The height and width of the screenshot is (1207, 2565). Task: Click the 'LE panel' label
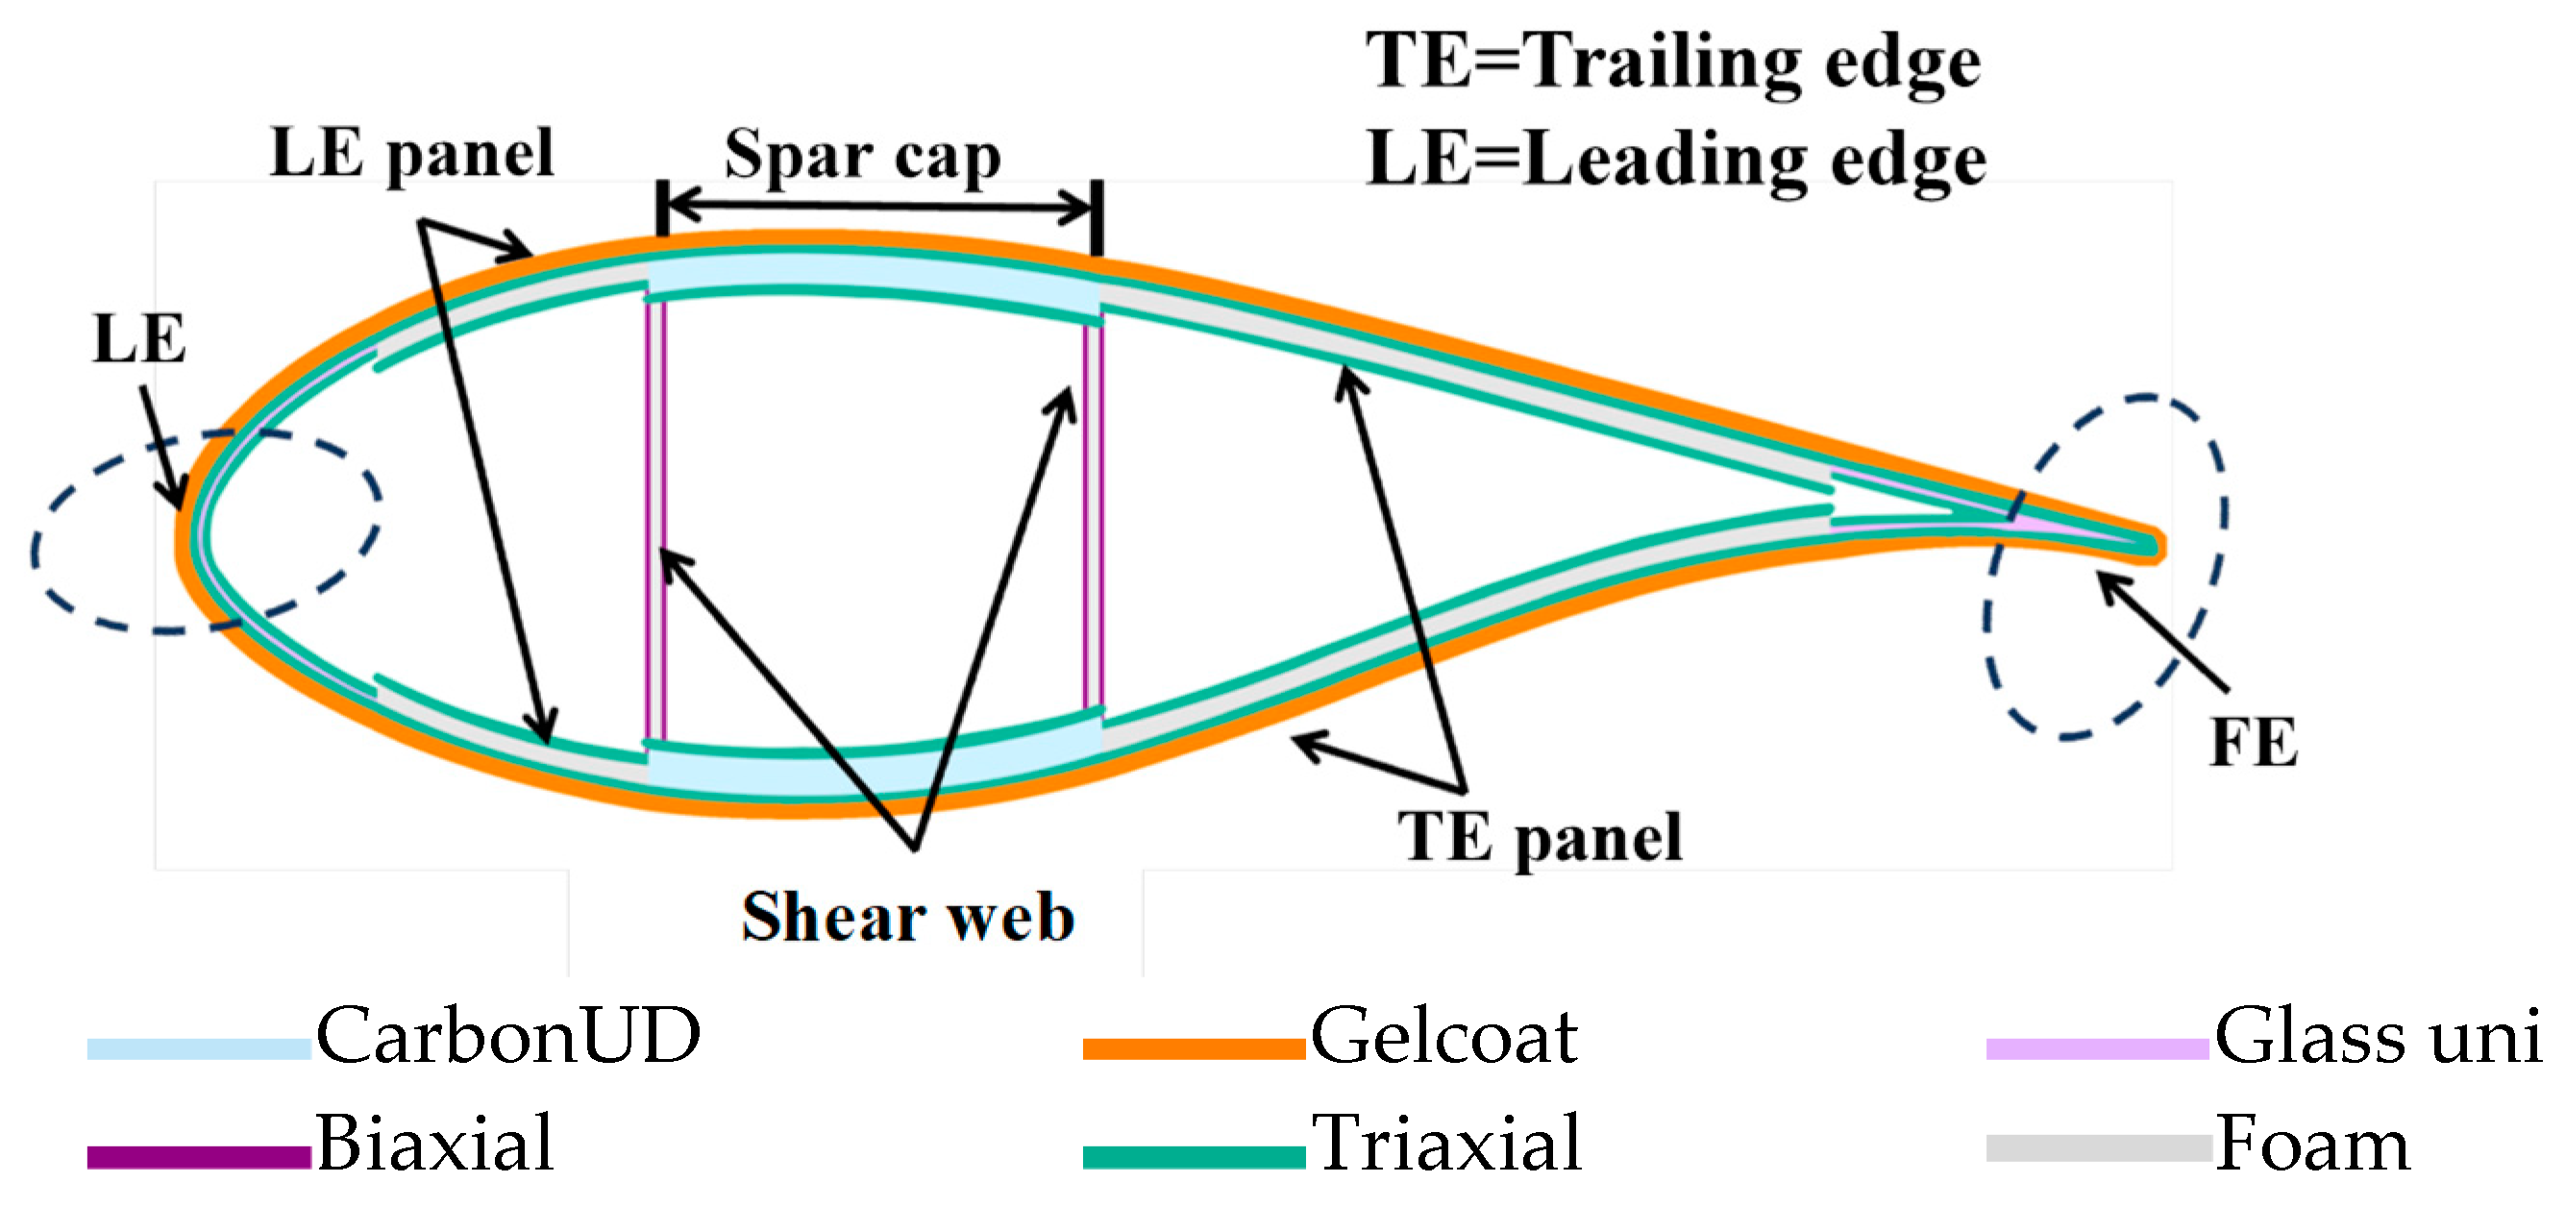[x=411, y=155]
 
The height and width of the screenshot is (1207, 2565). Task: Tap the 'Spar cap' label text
[x=862, y=156]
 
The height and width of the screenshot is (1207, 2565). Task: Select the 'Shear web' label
[x=907, y=916]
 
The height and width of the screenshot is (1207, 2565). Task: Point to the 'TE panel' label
[x=1540, y=836]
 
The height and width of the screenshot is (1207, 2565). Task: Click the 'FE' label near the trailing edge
[x=2254, y=743]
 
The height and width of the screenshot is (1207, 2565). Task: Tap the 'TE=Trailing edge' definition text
[x=1673, y=62]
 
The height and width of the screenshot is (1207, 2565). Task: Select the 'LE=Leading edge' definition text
[x=1676, y=160]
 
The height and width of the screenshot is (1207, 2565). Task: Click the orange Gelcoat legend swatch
[x=1193, y=1048]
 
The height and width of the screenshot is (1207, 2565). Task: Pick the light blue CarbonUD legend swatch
[x=198, y=1048]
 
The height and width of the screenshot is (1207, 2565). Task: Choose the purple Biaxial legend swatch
[x=198, y=1156]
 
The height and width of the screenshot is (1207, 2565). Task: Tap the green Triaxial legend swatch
[x=1193, y=1156]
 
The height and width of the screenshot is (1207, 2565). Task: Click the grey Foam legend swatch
[x=2098, y=1148]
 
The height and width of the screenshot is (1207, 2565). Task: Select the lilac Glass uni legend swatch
[x=2097, y=1048]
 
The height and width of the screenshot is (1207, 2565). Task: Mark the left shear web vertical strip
[x=655, y=518]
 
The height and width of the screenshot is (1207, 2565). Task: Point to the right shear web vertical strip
[x=1094, y=518]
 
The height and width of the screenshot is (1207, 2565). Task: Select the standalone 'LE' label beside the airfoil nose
[x=138, y=339]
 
